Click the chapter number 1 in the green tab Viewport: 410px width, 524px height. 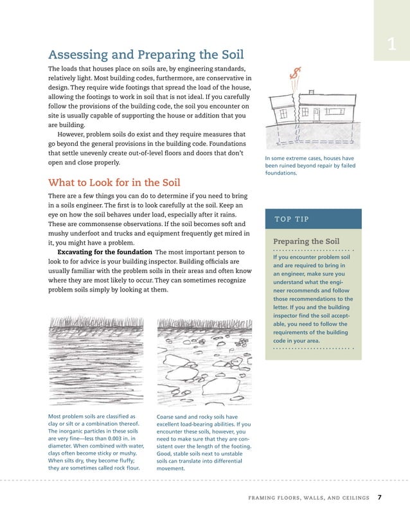click(x=391, y=44)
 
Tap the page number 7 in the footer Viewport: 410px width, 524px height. click(x=380, y=497)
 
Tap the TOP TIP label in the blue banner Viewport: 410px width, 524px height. click(x=293, y=219)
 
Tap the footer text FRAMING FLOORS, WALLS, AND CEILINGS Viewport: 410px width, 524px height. click(x=309, y=498)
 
